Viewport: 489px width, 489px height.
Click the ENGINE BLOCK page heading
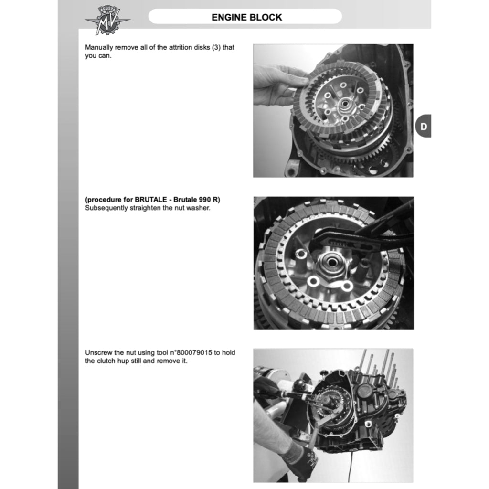(x=247, y=17)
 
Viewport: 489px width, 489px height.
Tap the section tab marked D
(x=424, y=126)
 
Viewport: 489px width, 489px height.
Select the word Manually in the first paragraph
(x=99, y=47)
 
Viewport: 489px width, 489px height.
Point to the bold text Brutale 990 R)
(x=197, y=200)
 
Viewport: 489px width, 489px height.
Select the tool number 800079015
(x=194, y=353)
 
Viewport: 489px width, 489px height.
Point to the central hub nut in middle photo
(x=331, y=263)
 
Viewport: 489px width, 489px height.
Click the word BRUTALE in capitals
(x=150, y=200)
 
